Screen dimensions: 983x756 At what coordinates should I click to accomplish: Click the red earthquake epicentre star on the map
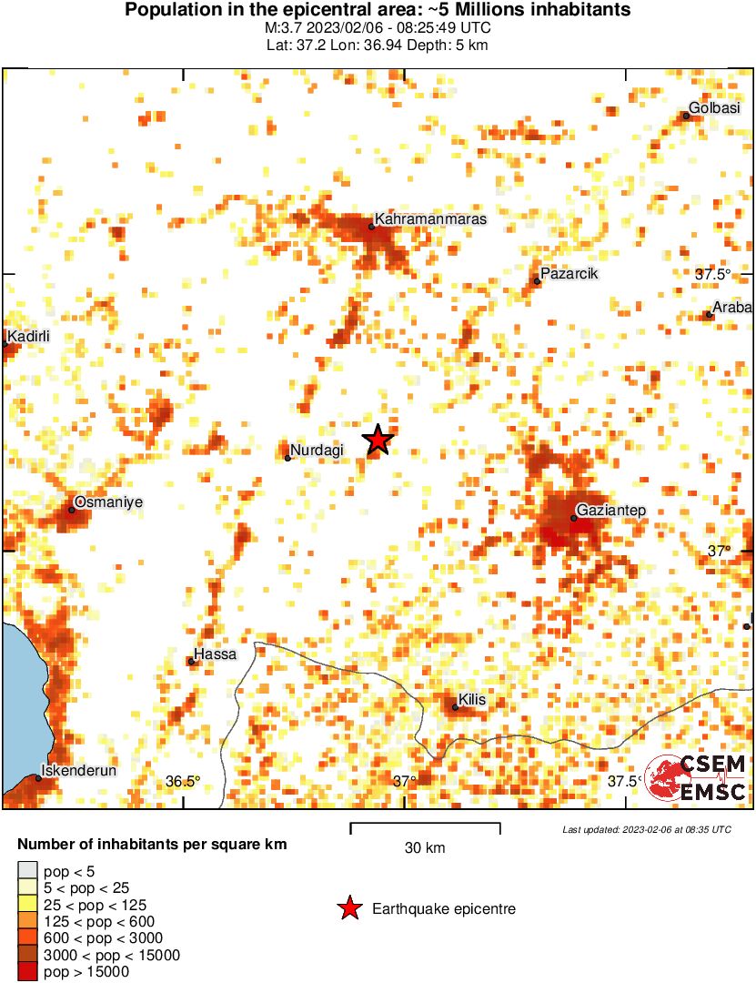pos(378,440)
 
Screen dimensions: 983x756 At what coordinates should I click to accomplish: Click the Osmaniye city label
pos(108,502)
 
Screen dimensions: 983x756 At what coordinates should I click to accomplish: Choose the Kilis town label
pos(473,699)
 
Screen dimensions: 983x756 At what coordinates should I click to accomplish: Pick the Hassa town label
pos(217,654)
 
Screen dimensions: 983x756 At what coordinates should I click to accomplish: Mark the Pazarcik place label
pos(569,273)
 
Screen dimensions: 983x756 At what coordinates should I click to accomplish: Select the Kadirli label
pos(28,337)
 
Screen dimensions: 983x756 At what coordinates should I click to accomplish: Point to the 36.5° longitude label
pos(183,781)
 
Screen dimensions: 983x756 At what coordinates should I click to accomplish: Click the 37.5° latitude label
pos(713,274)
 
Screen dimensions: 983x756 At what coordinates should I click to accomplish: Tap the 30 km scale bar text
pos(425,848)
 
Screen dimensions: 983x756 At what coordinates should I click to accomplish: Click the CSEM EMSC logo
pos(697,778)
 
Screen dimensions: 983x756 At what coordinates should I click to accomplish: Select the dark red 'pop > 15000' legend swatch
pos(27,972)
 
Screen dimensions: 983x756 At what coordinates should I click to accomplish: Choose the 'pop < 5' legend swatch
pos(27,872)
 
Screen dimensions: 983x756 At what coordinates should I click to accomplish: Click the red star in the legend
pos(348,908)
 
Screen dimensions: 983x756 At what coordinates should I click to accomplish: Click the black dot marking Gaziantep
pos(574,518)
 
